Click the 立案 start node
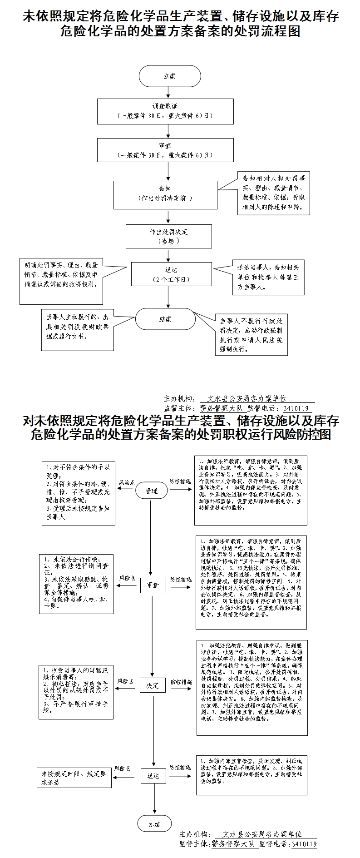click(x=170, y=76)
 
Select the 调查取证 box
click(x=165, y=111)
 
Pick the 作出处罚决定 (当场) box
click(x=169, y=236)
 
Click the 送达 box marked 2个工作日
click(x=171, y=275)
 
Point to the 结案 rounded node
click(x=165, y=319)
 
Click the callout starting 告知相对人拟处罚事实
click(x=274, y=193)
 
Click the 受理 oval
click(x=151, y=491)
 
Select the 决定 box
click(x=153, y=685)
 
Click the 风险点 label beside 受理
click(x=126, y=482)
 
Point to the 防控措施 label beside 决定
click(x=181, y=682)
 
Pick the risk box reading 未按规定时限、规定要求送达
click(x=74, y=778)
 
